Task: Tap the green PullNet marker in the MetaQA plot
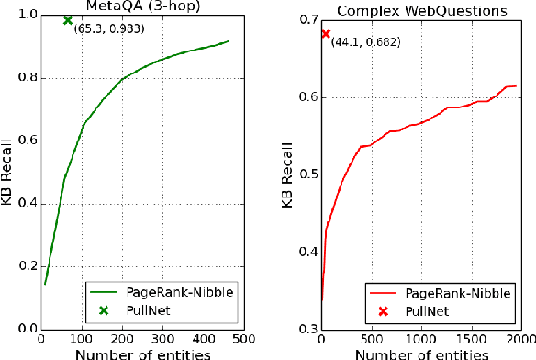click(67, 20)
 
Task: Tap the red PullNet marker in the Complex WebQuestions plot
click(325, 34)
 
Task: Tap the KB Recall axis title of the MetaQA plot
click(8, 172)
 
